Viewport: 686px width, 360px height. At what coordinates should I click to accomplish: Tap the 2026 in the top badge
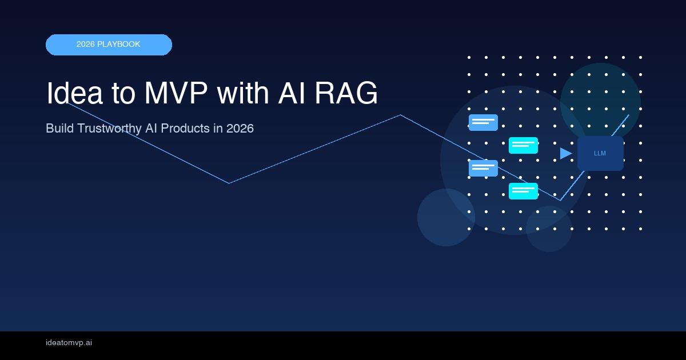(86, 45)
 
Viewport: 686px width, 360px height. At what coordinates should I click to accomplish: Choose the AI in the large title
(293, 93)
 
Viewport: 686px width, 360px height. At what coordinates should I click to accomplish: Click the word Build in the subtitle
(58, 129)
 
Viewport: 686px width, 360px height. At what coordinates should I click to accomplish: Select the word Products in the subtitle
(185, 129)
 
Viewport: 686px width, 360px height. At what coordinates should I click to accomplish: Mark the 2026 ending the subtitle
(240, 129)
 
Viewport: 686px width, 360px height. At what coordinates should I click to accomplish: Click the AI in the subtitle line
(151, 129)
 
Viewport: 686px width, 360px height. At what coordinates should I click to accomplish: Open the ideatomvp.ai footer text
(69, 343)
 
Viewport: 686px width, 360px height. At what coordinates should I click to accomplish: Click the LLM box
(600, 153)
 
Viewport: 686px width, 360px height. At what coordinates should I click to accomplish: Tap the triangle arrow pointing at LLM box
(565, 153)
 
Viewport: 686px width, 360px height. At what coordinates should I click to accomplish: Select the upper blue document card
(483, 122)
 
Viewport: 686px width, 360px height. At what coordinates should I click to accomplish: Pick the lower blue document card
(483, 168)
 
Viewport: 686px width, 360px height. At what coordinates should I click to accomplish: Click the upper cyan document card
(523, 145)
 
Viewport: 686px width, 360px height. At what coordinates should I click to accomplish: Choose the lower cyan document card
(523, 191)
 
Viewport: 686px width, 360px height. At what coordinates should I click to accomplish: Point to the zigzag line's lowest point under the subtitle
(229, 183)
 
